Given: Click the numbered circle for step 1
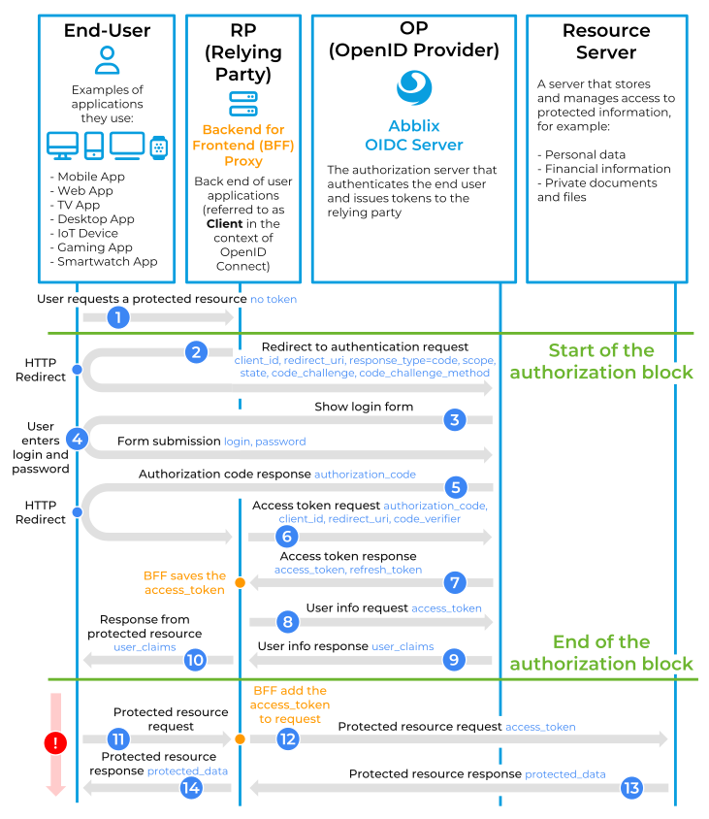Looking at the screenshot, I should click(x=118, y=317).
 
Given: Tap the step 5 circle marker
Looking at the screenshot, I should click(x=454, y=487).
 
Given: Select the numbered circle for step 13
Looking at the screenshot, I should click(x=631, y=787).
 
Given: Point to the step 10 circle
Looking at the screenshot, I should click(x=195, y=660).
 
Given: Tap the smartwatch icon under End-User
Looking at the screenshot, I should click(x=158, y=147).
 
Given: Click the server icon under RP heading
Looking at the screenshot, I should click(x=242, y=104).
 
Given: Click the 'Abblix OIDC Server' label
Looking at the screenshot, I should click(x=413, y=136).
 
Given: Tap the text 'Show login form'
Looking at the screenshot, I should click(x=364, y=407).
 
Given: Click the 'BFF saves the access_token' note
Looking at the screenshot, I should click(x=184, y=582).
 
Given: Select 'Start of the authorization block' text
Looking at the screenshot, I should click(x=601, y=361).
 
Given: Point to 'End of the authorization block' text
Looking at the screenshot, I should click(x=601, y=652).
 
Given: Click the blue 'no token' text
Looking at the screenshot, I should click(x=274, y=300).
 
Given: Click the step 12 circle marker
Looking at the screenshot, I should click(x=287, y=738).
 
